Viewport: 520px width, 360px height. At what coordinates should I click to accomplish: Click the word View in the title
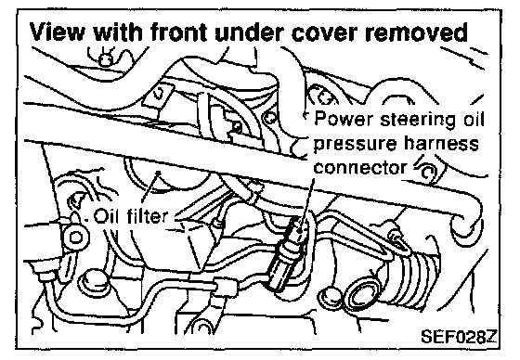tap(57, 32)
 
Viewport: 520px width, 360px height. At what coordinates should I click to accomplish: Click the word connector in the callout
tap(360, 167)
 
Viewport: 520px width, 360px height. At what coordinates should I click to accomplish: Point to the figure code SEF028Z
tap(459, 337)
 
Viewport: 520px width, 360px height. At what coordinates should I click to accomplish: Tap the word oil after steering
tap(474, 119)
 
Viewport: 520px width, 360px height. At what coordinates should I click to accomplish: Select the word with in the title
tap(118, 32)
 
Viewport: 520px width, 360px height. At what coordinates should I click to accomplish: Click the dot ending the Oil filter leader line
tap(159, 172)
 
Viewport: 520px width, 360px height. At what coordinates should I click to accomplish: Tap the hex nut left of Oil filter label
tap(76, 237)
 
